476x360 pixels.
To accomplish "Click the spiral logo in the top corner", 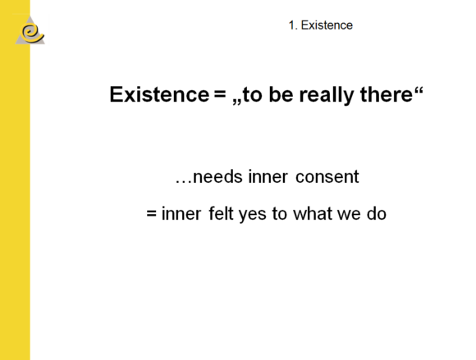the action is (x=30, y=30).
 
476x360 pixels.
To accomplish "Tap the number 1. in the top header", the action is (x=293, y=25).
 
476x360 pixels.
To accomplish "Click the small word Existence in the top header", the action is (x=327, y=25).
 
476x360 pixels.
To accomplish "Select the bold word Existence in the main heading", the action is (x=159, y=94).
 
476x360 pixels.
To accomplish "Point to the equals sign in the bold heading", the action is (x=220, y=93).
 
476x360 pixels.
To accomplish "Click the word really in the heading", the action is (x=327, y=95).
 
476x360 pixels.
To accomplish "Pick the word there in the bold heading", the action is (x=387, y=94).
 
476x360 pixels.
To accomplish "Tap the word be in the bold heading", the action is (x=281, y=94).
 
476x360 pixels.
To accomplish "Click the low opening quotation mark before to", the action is (x=237, y=102).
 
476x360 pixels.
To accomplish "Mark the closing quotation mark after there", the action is (x=419, y=90).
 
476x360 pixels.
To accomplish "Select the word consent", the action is (x=327, y=176).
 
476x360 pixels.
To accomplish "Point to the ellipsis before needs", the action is (x=183, y=182).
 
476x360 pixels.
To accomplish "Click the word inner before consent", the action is (x=268, y=176).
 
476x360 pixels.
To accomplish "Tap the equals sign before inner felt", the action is (x=152, y=213).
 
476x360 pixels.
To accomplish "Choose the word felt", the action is (x=221, y=213).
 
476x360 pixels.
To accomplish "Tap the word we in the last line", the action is (x=349, y=216).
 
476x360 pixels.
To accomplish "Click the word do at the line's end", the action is (x=377, y=213).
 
